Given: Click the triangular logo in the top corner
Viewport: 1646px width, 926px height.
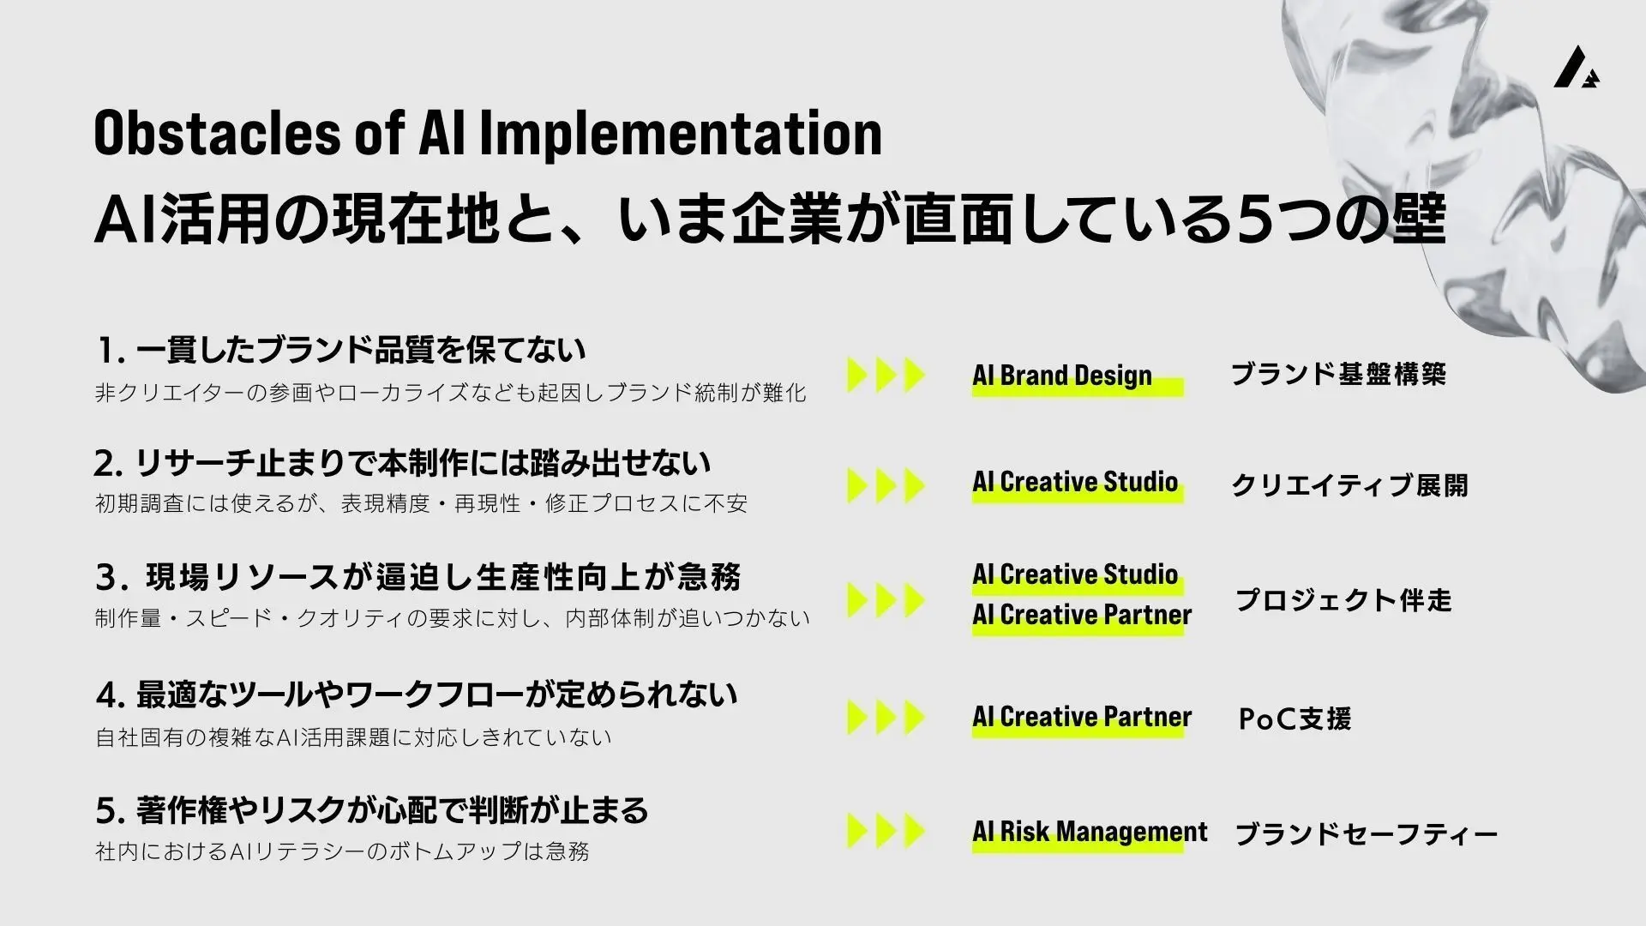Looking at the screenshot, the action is pos(1576,67).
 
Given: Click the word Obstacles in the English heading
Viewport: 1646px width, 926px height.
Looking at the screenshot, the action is pos(217,133).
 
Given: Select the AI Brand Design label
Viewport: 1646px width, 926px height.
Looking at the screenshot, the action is pos(1062,376).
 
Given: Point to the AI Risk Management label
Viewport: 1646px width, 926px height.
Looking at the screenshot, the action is pos(1090,832).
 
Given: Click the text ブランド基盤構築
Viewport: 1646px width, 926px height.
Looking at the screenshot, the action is pos(1338,374).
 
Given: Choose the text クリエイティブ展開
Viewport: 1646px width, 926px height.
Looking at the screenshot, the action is pos(1349,485).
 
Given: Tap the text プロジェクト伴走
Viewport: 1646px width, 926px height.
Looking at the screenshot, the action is pos(1343,600).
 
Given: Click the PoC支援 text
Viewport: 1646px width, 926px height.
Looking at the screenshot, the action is pos(1295,719).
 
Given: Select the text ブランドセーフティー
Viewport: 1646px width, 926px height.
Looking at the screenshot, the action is pos(1366,834).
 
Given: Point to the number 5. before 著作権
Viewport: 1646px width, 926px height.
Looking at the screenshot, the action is pos(111,810).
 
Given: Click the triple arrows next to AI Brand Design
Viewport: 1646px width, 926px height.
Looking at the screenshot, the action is pos(886,375).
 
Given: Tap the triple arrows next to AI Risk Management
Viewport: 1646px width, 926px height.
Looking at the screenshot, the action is pos(886,831).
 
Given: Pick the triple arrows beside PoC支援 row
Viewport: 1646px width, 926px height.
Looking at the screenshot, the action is pos(886,718).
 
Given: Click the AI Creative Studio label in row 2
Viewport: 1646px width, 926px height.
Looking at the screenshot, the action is pos(1075,482).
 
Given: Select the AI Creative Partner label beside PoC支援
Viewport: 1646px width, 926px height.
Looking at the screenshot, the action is pos(1082,717).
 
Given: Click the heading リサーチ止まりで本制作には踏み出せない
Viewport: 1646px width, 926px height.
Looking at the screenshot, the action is pos(424,463).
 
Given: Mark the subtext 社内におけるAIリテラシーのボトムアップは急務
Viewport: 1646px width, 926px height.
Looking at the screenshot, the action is pos(342,851).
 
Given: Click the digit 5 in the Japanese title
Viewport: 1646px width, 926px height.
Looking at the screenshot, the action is pos(1253,220).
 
